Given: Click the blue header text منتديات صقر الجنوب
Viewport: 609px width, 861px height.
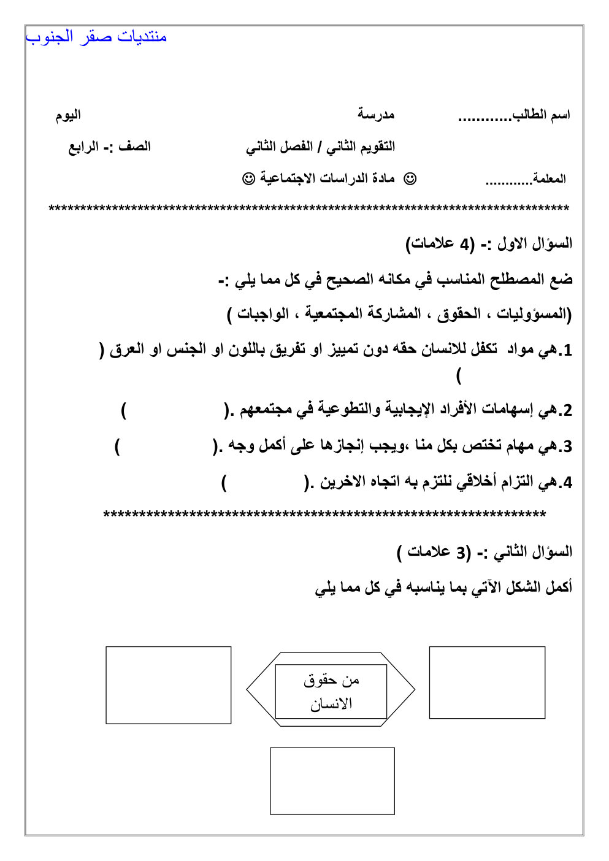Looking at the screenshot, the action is click(x=96, y=37).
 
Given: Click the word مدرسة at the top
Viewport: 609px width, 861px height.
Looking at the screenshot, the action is click(x=376, y=115).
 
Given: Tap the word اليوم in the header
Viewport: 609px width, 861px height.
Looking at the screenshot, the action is click(x=68, y=115).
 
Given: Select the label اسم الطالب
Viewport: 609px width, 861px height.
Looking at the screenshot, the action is click(x=542, y=115).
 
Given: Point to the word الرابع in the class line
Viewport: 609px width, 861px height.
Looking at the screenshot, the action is click(x=83, y=147).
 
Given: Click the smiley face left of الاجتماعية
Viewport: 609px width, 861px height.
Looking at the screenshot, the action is click(x=249, y=178).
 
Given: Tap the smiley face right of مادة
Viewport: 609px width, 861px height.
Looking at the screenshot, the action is click(x=410, y=178).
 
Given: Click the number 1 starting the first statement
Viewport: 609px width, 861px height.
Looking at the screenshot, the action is click(x=567, y=351).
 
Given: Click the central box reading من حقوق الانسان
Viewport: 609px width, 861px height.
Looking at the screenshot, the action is click(x=331, y=691).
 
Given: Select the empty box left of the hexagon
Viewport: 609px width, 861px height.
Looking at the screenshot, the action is click(x=169, y=685).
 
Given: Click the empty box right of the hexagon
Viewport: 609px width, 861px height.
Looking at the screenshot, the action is click(x=487, y=682).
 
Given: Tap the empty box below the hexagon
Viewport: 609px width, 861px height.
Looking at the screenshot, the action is click(x=332, y=781).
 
